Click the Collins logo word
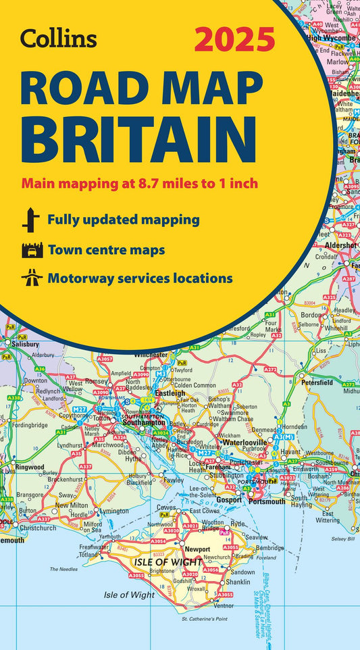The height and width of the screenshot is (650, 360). tap(57, 39)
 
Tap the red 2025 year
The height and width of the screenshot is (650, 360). tap(234, 40)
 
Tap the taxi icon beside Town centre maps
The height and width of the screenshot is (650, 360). tap(31, 250)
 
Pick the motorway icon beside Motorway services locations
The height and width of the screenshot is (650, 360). tap(31, 278)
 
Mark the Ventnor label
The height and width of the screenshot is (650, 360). tap(224, 605)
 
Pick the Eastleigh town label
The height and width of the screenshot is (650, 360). tap(170, 393)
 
